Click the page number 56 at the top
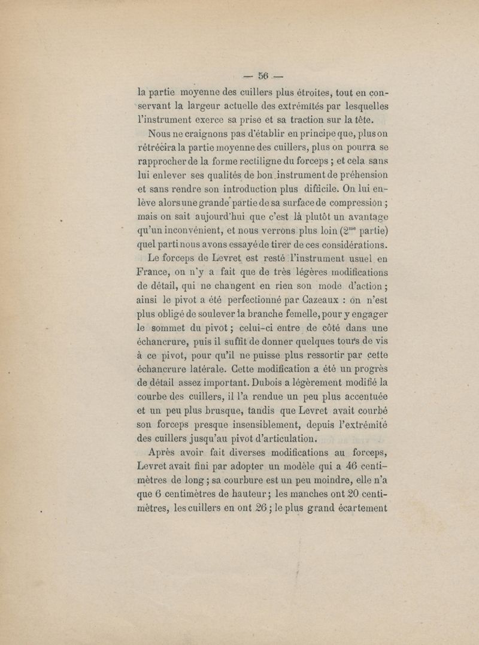[x=264, y=75]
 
